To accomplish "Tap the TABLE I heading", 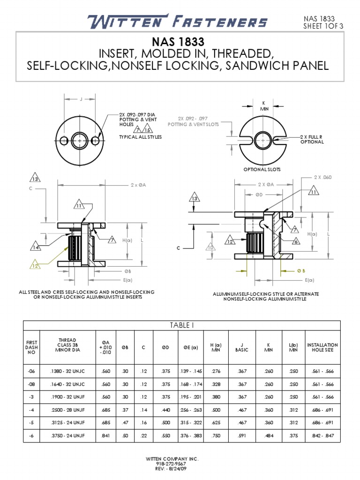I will click(x=181, y=325).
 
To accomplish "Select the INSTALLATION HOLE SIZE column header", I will click(x=322, y=347).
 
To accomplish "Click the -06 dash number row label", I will click(x=31, y=371).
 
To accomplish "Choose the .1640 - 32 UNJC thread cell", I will click(x=67, y=384).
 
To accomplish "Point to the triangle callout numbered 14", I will click(x=36, y=247).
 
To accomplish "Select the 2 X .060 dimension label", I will click(x=322, y=177).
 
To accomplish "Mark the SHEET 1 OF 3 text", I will click(x=323, y=26).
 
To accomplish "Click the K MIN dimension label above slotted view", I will click(x=263, y=105).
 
